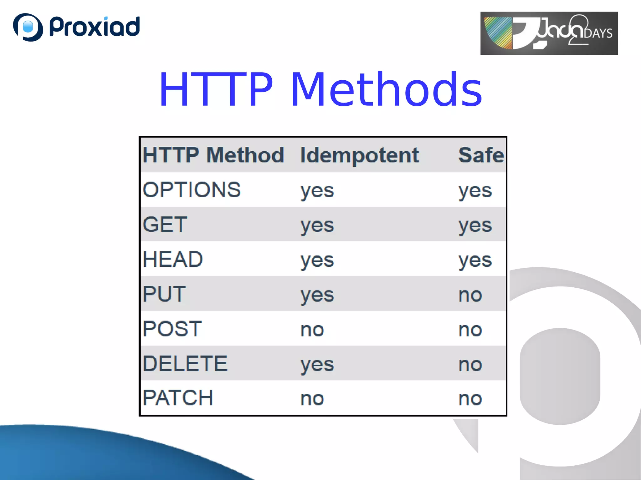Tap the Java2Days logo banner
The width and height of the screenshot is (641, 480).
coord(549,33)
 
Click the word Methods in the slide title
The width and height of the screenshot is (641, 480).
coord(386,90)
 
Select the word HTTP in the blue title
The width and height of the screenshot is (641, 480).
coord(216,90)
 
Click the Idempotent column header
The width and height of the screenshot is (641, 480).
coord(359,155)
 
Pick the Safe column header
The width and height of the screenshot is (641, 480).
coord(481,155)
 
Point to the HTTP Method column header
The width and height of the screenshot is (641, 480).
coord(213,155)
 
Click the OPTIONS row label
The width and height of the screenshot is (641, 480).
coord(192,190)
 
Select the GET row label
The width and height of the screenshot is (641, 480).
coord(165,225)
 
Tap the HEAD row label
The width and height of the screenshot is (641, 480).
coord(172,259)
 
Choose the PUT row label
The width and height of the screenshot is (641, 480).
coord(164,294)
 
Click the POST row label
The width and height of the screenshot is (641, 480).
coord(172,329)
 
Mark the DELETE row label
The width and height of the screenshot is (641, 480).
coord(185,364)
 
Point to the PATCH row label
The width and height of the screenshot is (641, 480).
coord(178,398)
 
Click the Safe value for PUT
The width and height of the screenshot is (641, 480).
coord(470,295)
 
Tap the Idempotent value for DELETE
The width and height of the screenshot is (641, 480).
coord(317,365)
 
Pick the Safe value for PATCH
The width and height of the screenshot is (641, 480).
coord(470,399)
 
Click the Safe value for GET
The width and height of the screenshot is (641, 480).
coord(475,225)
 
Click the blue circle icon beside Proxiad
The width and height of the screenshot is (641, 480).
coord(28,27)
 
